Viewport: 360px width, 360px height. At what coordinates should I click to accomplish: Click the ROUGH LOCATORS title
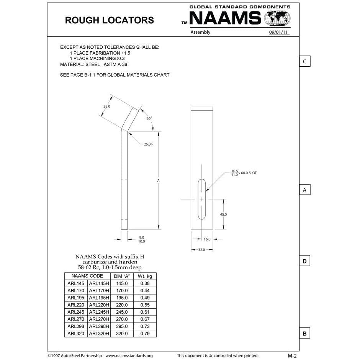click(x=109, y=20)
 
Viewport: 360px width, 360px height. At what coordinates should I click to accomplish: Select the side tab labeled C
click(x=304, y=61)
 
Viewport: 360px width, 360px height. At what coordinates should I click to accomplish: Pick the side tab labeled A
click(x=304, y=190)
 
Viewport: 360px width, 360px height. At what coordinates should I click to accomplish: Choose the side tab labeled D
click(x=304, y=262)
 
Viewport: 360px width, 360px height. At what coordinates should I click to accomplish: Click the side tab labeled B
click(x=304, y=334)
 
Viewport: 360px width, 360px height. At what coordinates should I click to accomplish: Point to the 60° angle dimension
click(x=149, y=118)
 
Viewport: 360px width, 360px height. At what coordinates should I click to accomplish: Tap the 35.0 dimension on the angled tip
click(x=107, y=106)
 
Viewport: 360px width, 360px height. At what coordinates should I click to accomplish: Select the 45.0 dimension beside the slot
click(x=223, y=214)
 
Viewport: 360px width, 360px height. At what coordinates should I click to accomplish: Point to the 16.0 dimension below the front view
click(x=207, y=239)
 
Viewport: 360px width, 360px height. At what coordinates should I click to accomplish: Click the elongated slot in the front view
click(x=201, y=199)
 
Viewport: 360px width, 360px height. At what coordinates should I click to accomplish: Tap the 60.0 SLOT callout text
click(x=248, y=173)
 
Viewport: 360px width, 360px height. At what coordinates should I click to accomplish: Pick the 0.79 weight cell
click(x=145, y=334)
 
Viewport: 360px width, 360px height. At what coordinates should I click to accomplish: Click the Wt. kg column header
click(x=145, y=276)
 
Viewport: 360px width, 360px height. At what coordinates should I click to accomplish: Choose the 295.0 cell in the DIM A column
click(x=121, y=327)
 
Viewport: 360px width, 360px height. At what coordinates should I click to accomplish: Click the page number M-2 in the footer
click(x=292, y=355)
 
